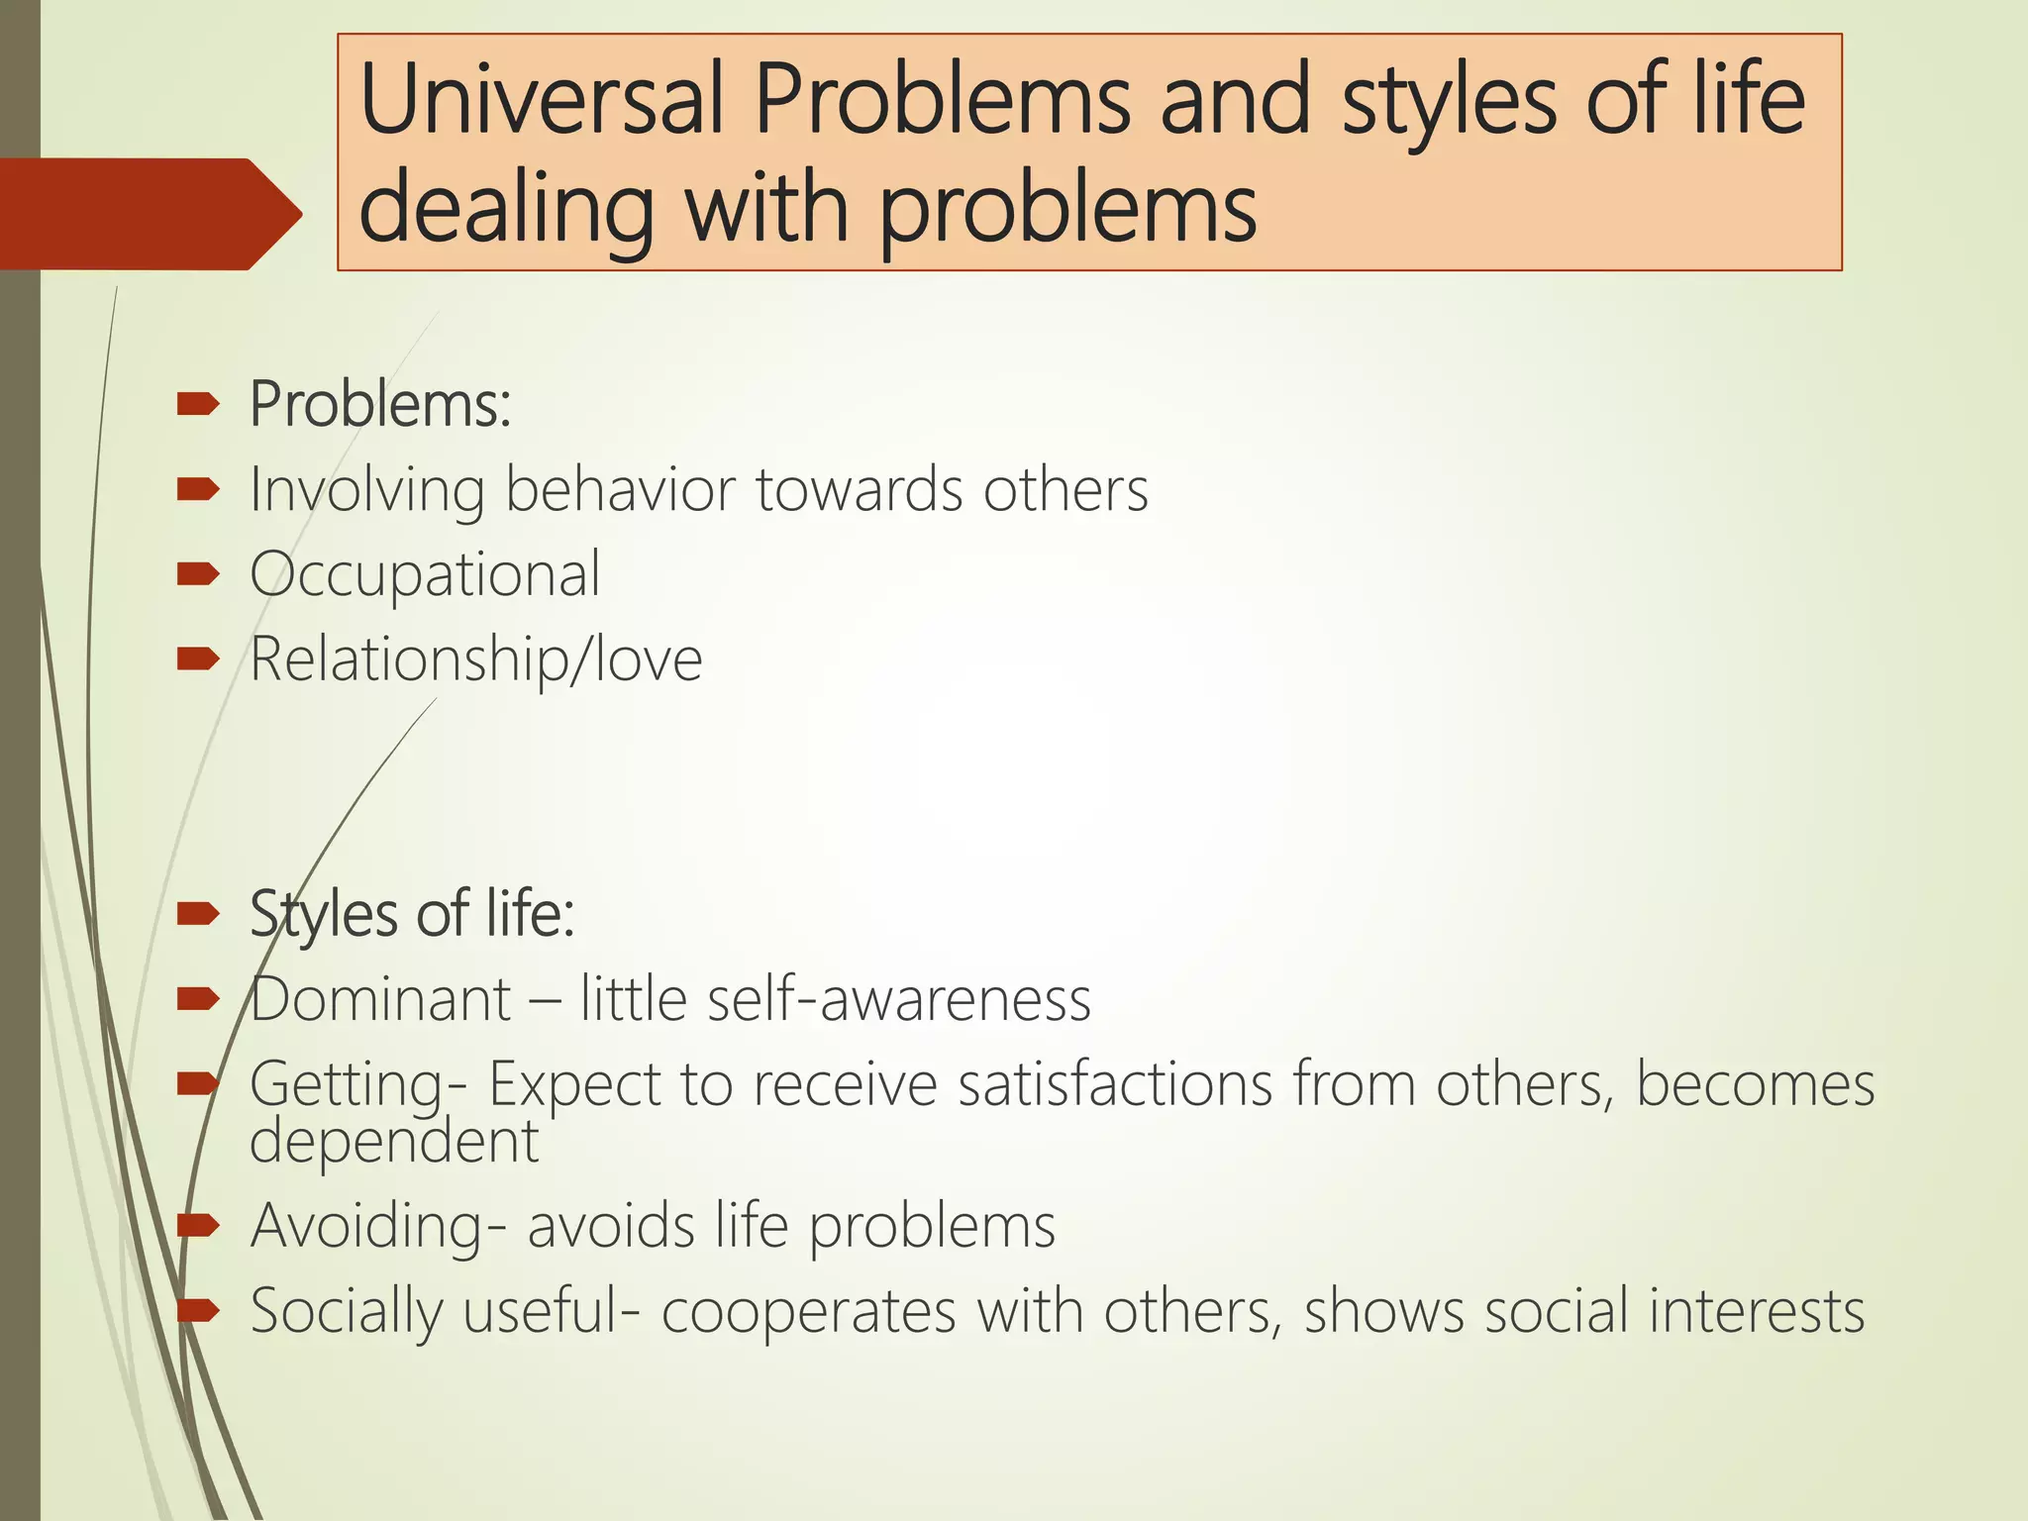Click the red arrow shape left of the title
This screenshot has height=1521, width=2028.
click(149, 214)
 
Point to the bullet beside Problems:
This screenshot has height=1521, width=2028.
click(197, 404)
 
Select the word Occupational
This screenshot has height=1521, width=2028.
click(425, 574)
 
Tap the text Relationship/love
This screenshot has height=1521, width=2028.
click(475, 659)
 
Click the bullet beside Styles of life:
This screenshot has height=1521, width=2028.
click(197, 914)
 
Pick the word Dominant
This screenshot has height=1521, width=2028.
click(380, 999)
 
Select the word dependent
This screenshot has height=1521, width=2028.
click(393, 1141)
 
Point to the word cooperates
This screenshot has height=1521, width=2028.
click(809, 1312)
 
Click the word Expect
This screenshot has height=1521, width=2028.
click(574, 1084)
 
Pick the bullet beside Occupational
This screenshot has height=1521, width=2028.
click(197, 574)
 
